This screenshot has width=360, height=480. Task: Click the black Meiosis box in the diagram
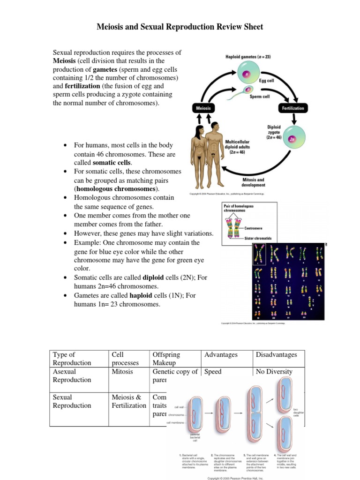(203, 108)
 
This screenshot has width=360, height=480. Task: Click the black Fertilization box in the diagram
(292, 108)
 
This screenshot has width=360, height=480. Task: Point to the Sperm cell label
(259, 97)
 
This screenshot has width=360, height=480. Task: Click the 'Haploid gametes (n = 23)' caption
(248, 57)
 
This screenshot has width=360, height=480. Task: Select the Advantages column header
(221, 355)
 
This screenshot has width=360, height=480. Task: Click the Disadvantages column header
(276, 355)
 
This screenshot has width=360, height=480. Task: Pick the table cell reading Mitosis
(122, 372)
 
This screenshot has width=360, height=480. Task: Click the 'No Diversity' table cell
(274, 372)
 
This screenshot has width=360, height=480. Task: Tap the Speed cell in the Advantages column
(213, 372)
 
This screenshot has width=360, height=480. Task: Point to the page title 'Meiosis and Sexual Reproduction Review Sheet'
(180, 27)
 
